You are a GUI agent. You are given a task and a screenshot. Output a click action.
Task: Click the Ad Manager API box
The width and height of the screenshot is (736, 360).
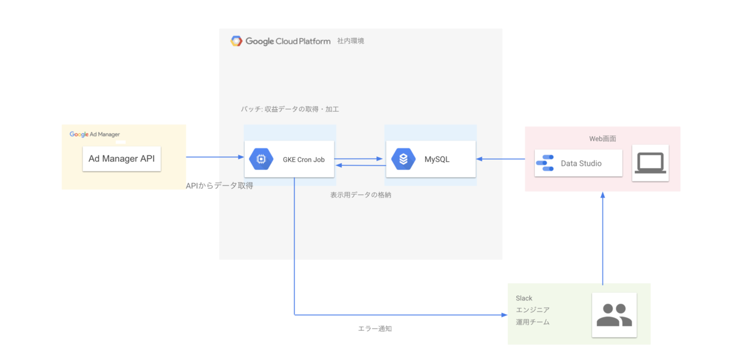(x=121, y=159)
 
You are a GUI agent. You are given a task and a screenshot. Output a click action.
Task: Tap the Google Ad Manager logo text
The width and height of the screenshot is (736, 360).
(x=94, y=134)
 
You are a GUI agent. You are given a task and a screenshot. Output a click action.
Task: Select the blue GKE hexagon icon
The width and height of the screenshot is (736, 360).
(x=261, y=159)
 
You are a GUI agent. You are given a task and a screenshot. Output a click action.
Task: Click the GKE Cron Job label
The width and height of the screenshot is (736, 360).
(x=304, y=160)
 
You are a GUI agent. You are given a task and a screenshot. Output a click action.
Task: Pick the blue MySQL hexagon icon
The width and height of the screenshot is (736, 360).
(x=403, y=159)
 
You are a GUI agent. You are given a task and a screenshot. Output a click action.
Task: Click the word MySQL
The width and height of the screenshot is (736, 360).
(x=437, y=159)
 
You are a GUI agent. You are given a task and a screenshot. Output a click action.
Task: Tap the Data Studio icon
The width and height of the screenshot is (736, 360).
(x=545, y=163)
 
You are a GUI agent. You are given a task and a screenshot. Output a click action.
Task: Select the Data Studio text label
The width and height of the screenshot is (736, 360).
(x=581, y=164)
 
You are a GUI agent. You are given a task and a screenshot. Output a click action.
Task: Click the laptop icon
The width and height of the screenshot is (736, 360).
(x=650, y=163)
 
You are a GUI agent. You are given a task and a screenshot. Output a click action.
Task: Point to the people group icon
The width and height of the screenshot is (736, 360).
(x=614, y=315)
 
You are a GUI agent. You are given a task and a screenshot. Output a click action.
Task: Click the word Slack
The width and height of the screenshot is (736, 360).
(x=524, y=298)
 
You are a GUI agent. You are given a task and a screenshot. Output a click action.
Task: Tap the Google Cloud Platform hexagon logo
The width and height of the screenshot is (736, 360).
(x=236, y=41)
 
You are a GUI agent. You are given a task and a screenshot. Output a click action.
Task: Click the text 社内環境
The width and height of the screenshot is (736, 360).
(x=350, y=41)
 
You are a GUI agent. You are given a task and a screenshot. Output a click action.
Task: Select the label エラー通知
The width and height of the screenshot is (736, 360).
(x=375, y=329)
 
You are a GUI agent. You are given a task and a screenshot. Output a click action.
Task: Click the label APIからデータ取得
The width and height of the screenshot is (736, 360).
(x=219, y=185)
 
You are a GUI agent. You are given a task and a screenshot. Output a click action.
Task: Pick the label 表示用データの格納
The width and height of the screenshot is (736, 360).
(x=361, y=195)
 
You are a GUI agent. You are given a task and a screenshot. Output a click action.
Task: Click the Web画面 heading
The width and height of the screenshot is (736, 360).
(x=602, y=139)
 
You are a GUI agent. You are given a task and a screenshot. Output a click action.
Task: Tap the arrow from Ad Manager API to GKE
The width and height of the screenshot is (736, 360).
(x=215, y=157)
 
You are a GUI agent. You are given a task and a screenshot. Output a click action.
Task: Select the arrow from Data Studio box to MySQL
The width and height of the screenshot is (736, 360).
(x=500, y=159)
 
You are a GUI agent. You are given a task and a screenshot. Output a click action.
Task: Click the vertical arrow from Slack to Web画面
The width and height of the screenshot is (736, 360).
(x=603, y=239)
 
